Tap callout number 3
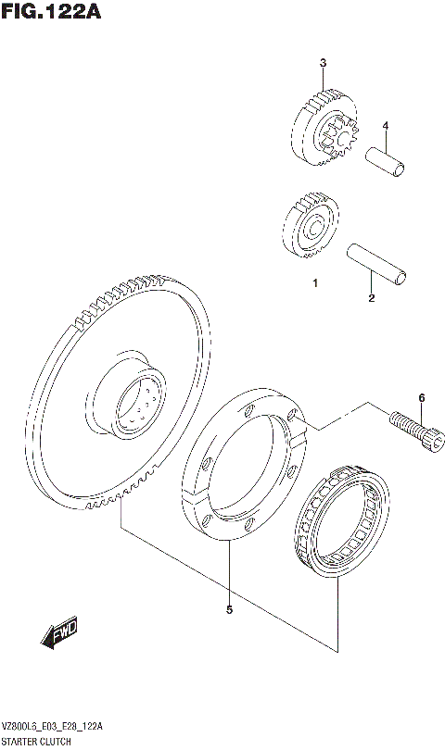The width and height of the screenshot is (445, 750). [x=323, y=63]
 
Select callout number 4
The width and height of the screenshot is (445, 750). [x=385, y=126]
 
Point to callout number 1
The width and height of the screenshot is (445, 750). [x=314, y=283]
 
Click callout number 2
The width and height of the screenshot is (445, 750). [x=371, y=298]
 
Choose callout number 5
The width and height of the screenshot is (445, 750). [x=228, y=609]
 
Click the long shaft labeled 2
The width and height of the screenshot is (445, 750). [x=375, y=264]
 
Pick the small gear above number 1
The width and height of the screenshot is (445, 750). [x=308, y=227]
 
